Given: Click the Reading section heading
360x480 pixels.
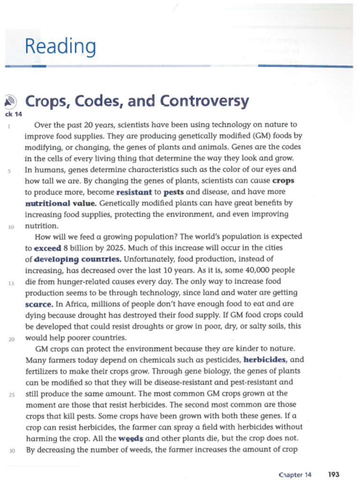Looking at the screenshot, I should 60,46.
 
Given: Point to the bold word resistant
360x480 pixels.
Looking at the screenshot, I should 134,192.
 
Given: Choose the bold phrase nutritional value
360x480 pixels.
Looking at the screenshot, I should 60,203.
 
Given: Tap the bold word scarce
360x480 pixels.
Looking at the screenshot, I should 38,304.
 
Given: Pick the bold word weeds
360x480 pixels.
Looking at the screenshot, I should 130,439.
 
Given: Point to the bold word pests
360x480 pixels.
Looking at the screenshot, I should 173,192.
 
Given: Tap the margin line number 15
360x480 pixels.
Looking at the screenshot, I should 10,283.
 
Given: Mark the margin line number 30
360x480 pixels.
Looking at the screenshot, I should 12,451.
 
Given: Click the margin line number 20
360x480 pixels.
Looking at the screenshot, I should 12,338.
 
